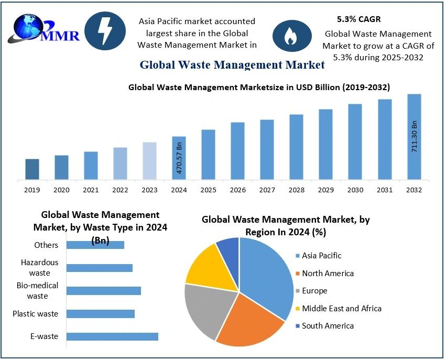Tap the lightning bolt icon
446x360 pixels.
click(105, 31)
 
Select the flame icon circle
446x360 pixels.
click(289, 35)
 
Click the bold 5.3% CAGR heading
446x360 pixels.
click(358, 19)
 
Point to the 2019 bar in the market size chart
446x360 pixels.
click(32, 169)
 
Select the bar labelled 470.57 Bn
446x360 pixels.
click(179, 158)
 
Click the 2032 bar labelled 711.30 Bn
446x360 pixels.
click(414, 137)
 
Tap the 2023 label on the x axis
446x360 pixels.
click(149, 190)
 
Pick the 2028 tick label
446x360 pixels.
click(296, 190)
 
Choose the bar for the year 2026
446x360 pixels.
click(237, 151)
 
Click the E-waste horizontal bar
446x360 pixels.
click(112, 336)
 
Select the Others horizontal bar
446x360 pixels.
click(95, 245)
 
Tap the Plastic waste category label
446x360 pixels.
click(36, 314)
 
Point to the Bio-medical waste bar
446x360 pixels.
click(104, 291)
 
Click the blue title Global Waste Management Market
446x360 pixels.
click(232, 65)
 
